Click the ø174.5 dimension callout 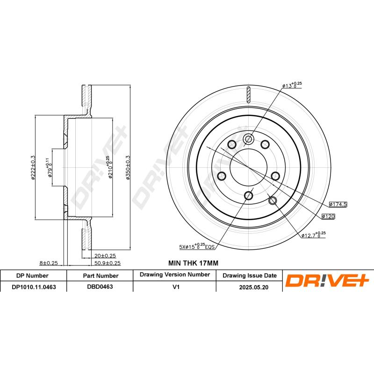[x=338, y=204]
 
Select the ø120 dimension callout [x=329, y=217]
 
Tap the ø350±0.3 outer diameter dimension [x=128, y=167]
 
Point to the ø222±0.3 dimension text [x=33, y=168]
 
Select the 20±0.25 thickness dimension [x=105, y=255]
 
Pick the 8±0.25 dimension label [x=49, y=263]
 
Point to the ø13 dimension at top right [x=292, y=85]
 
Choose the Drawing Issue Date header [x=249, y=276]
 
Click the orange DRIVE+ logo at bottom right [x=327, y=281]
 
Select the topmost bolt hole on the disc [x=249, y=139]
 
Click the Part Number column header [x=100, y=276]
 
